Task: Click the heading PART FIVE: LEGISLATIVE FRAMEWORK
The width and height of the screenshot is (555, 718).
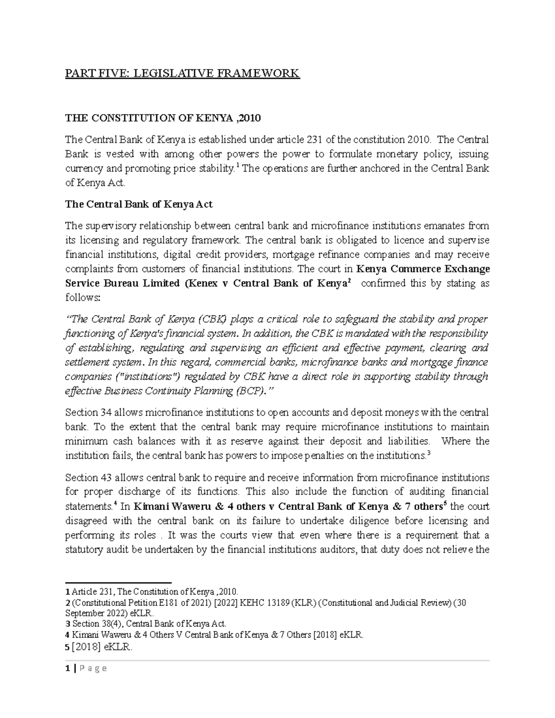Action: [x=182, y=73]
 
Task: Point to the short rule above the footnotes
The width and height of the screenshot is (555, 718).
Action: [x=118, y=583]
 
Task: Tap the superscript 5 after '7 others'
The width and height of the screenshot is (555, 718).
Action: [x=444, y=503]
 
